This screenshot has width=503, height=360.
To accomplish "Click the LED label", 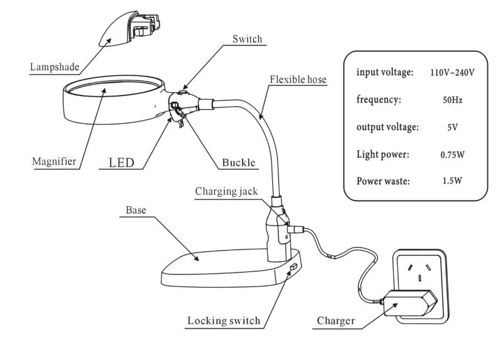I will (121, 163).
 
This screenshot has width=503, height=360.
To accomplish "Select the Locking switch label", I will (223, 321).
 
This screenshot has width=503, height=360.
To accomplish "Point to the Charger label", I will (336, 321).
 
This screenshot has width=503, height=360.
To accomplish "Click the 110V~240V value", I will (451, 73).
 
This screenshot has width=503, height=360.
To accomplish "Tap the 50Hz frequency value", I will (452, 100).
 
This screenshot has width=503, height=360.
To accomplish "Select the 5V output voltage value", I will (452, 127).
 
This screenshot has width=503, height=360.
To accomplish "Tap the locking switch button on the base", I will (293, 268).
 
